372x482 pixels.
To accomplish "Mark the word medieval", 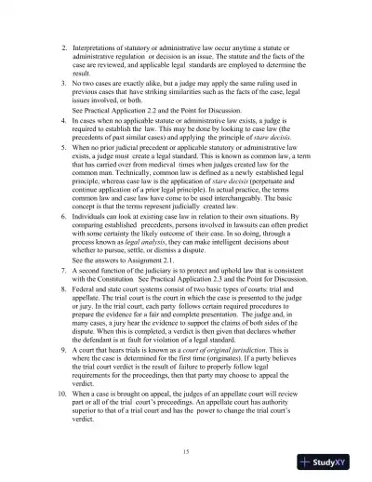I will click(x=166, y=204).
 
